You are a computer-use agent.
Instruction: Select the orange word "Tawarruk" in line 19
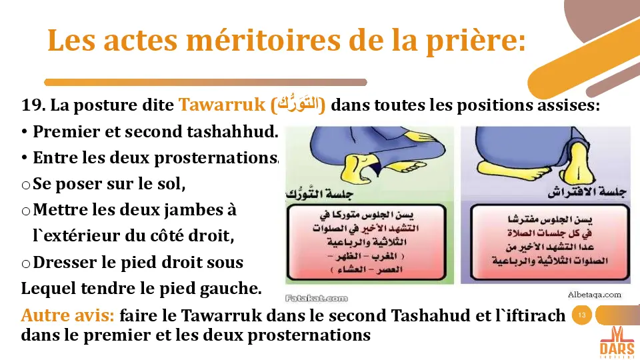(x=223, y=105)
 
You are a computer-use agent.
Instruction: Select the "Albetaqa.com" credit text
(x=594, y=294)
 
